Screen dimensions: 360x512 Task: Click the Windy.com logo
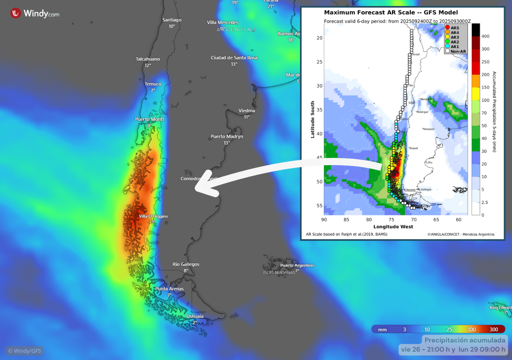point(35,13)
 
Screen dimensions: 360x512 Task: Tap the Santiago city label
point(172,20)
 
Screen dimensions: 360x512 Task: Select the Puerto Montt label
point(150,119)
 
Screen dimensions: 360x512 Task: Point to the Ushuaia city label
point(195,316)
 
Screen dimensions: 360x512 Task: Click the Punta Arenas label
point(170,289)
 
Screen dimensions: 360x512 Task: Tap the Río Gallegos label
point(186,264)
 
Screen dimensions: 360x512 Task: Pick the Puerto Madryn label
point(227,137)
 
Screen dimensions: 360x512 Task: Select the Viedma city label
point(247,111)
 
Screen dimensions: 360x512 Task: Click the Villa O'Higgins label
point(153,216)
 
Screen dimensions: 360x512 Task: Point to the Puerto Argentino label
point(297,266)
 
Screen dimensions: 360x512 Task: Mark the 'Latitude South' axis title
point(313,120)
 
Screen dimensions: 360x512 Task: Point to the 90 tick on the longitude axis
point(324,219)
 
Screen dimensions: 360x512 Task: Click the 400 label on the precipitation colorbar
point(486,36)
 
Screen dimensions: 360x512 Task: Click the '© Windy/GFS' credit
point(25,351)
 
